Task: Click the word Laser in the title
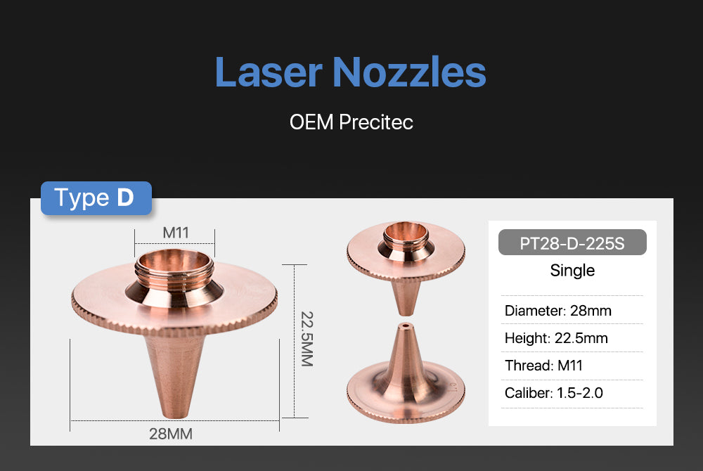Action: tap(269, 72)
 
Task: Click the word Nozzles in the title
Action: tap(409, 72)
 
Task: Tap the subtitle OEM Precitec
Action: tap(351, 122)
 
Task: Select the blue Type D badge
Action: tap(96, 198)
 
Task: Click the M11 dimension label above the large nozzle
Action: tap(175, 233)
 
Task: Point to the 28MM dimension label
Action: tap(171, 434)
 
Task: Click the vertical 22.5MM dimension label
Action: tap(307, 340)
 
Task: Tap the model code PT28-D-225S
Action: tap(572, 243)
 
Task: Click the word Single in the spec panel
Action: tap(572, 270)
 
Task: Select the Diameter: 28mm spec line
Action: tap(557, 311)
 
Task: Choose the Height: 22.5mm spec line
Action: tap(556, 338)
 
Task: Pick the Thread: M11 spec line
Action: tap(543, 366)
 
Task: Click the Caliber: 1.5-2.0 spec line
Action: tap(554, 393)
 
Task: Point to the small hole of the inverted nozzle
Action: tap(406, 325)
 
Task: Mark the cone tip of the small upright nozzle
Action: tap(406, 310)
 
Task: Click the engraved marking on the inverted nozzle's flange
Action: tap(452, 387)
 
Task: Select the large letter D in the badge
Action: tap(125, 197)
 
